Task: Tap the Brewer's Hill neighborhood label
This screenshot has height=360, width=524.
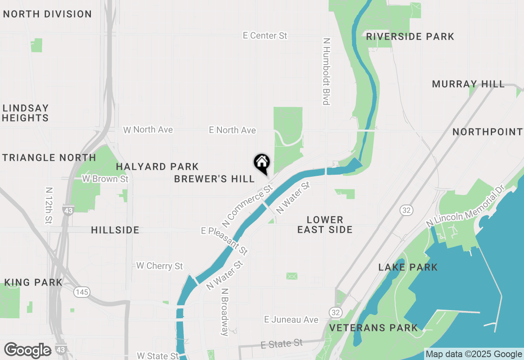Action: [214, 179]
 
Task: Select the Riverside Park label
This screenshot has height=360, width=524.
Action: [410, 37]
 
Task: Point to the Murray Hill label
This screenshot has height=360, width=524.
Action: [468, 84]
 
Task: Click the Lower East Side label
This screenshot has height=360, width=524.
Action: [325, 225]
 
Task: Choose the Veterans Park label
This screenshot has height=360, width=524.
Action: [373, 328]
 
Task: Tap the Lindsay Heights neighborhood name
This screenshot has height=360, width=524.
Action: [25, 113]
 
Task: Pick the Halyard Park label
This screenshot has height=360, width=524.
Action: [157, 167]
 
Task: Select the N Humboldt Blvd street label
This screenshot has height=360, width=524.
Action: [326, 72]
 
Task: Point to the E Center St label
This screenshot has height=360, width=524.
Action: [265, 36]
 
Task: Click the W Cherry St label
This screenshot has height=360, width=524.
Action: [159, 266]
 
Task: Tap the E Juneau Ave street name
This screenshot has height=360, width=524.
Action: [291, 319]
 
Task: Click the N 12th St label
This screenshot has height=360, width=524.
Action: [49, 206]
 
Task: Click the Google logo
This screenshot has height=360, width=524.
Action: [27, 350]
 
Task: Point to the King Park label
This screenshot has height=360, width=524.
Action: [33, 282]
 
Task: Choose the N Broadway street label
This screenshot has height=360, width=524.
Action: [224, 312]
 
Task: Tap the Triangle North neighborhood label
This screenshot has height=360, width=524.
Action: [49, 157]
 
